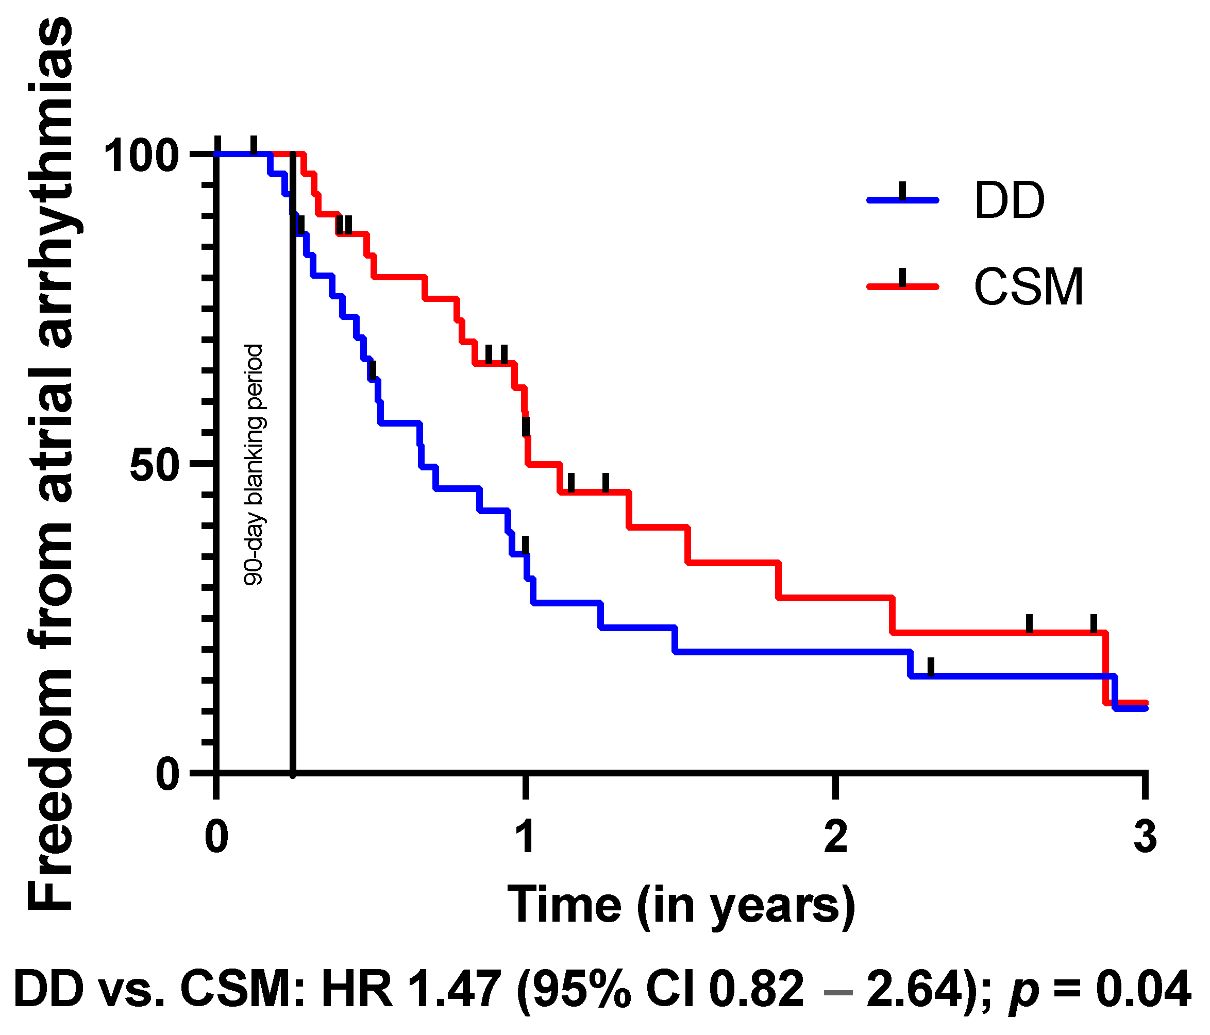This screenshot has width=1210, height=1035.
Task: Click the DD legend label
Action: pos(1009,200)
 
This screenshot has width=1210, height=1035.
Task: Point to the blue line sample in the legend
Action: pos(902,200)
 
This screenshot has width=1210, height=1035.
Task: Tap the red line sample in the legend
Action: pos(902,286)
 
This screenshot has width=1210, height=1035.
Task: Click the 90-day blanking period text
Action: pos(254,465)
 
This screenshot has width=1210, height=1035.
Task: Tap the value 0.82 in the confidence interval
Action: pos(757,989)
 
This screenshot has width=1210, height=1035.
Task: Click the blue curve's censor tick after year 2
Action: pos(931,667)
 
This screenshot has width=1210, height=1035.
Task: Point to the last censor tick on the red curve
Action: pos(1093,623)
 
